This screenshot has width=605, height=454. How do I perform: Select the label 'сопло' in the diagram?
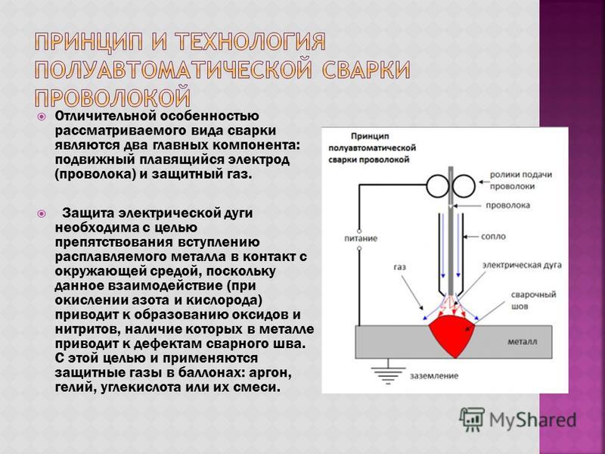click(493, 236)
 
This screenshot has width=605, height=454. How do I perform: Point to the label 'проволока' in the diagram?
click(507, 205)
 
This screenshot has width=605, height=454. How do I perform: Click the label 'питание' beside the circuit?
click(361, 238)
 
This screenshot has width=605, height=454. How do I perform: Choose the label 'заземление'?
click(434, 375)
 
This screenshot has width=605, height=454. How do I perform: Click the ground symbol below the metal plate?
click(388, 372)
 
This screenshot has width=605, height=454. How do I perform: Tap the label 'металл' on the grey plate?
click(522, 342)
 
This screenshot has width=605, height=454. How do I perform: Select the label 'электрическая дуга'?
click(522, 266)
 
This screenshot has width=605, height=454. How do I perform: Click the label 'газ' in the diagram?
click(400, 267)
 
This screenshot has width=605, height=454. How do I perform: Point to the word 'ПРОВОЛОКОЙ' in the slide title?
click(113, 98)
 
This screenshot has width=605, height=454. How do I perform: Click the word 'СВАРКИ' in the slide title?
click(365, 70)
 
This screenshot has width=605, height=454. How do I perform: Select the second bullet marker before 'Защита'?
click(42, 213)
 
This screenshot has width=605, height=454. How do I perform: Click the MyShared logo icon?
click(471, 419)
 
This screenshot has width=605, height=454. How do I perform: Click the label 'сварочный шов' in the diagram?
click(533, 300)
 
